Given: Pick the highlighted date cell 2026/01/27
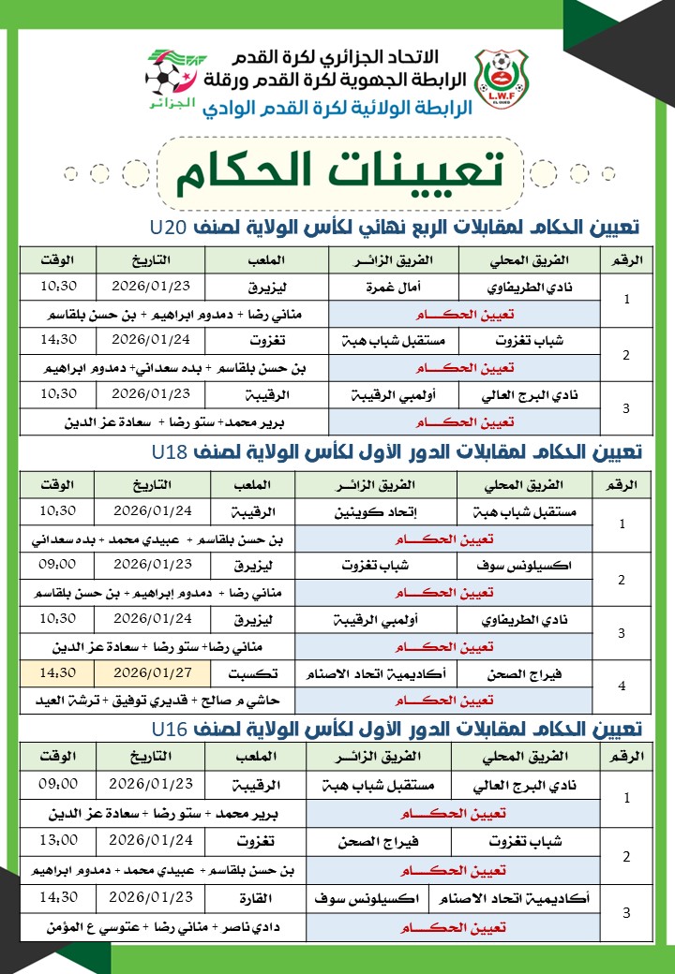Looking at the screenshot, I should tap(151, 672).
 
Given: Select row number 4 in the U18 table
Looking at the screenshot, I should tap(622, 686).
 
